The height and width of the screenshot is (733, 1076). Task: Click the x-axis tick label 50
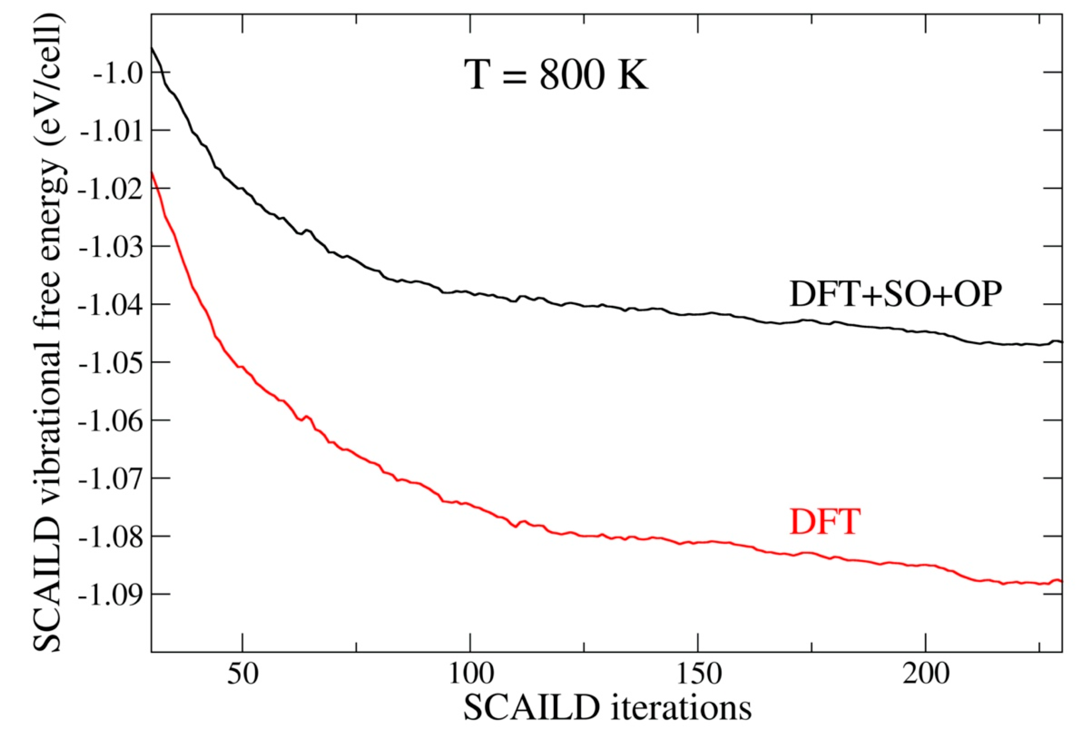point(242,676)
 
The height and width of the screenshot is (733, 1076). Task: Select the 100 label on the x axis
point(470,676)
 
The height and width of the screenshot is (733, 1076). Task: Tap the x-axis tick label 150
point(698,676)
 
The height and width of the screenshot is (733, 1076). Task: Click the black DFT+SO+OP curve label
point(896,294)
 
